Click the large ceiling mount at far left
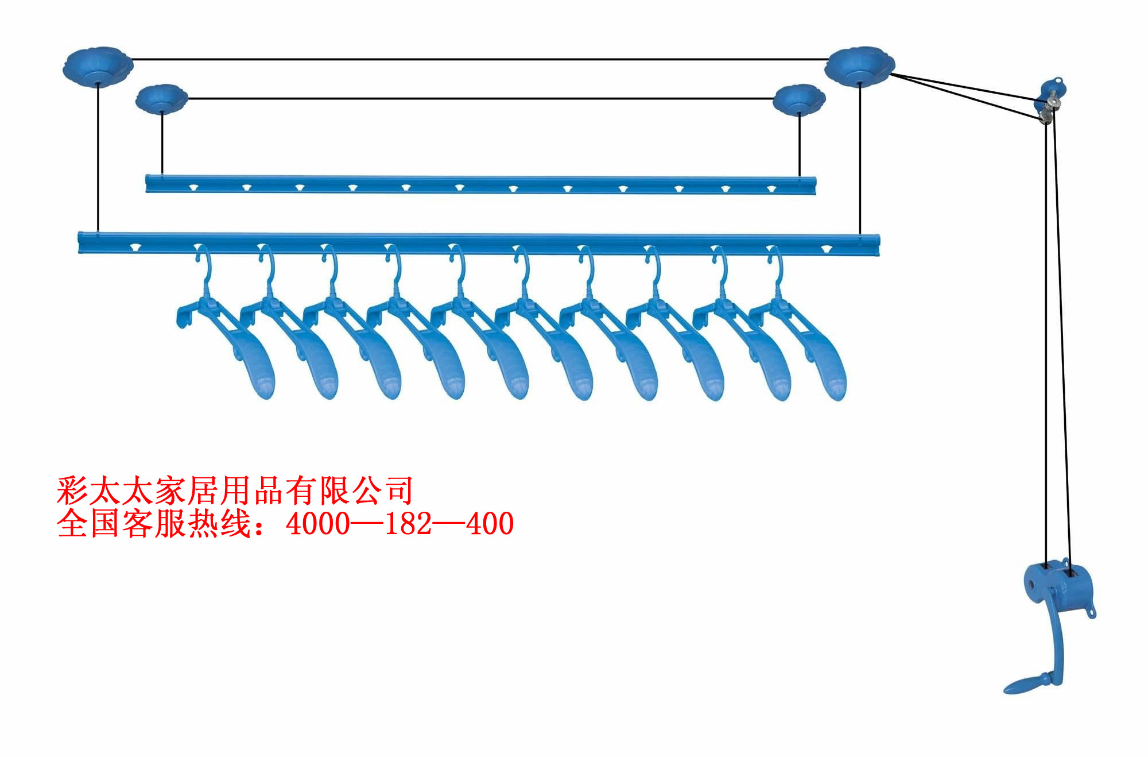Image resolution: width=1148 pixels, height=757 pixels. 98,66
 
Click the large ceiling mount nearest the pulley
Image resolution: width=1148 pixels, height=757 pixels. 859,66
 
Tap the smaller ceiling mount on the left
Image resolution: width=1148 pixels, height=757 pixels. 162,99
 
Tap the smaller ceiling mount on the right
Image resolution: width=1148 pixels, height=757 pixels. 799,99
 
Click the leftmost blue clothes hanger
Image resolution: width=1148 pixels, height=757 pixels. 230,339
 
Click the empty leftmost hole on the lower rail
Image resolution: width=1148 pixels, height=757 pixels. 135,248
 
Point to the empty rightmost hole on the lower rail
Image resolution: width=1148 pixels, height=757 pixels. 826,249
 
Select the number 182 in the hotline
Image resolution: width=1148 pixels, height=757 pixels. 408,524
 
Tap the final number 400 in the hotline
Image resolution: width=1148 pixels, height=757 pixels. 490,524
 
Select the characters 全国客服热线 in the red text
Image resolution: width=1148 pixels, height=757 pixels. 154,524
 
